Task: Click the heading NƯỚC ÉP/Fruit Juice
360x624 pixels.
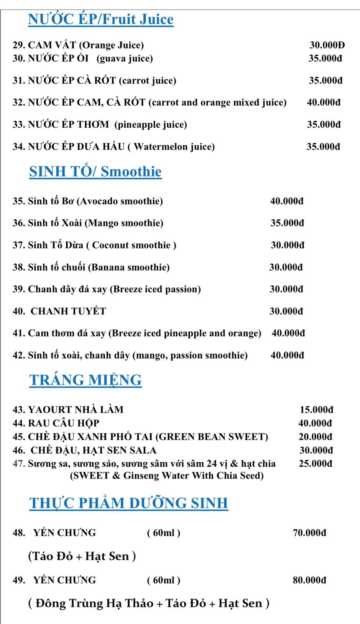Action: [101, 19]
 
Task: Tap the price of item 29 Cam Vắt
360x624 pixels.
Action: [327, 45]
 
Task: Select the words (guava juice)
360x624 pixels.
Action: [125, 58]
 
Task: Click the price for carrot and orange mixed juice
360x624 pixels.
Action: [324, 103]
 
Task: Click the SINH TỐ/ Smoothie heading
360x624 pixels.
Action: [96, 172]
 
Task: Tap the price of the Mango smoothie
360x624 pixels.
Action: [287, 223]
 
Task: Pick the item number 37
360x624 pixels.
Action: [19, 245]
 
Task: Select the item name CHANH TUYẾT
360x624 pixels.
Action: [68, 311]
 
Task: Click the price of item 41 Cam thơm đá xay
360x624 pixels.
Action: [288, 333]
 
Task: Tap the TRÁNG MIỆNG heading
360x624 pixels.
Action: [86, 380]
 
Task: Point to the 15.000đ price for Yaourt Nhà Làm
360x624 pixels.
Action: [316, 410]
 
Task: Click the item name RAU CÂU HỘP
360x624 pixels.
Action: [64, 423]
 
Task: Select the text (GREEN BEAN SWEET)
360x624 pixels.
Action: [211, 437]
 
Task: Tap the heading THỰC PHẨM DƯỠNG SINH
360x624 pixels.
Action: [129, 503]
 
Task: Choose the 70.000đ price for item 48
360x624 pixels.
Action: [309, 533]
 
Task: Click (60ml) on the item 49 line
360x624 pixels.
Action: [163, 580]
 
